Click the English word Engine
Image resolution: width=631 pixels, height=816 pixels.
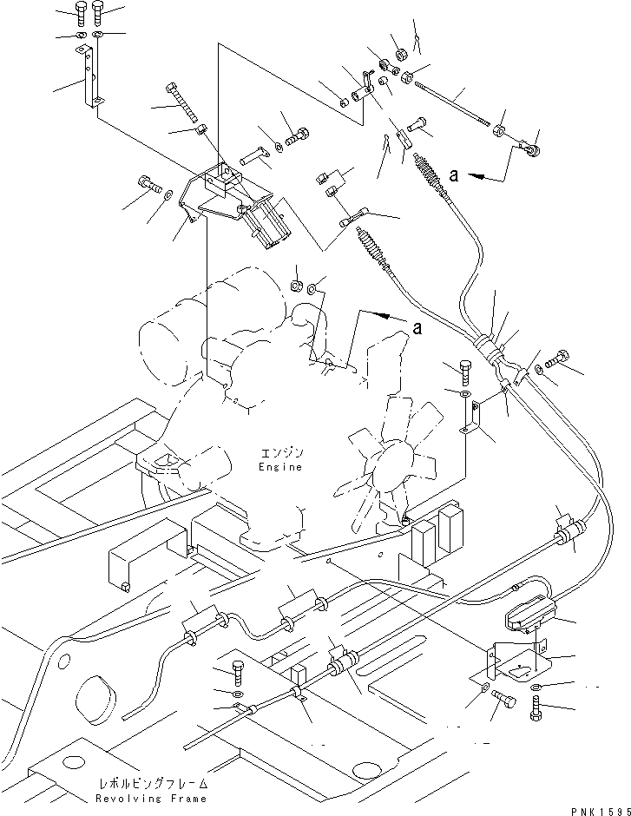[279, 467]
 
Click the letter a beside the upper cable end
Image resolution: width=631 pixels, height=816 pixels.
[454, 174]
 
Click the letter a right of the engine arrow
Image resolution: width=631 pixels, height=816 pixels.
[417, 326]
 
